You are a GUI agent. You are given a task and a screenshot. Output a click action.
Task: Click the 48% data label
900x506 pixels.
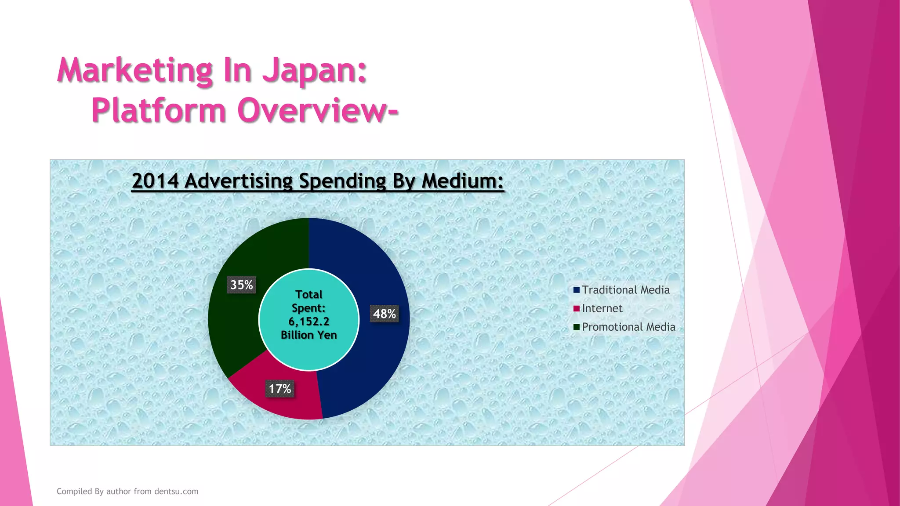coord(384,314)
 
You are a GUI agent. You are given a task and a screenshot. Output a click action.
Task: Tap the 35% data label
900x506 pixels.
coord(241,285)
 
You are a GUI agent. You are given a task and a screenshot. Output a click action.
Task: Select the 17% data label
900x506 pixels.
coord(279,389)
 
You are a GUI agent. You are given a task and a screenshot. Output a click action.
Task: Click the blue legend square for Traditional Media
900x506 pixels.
coord(576,290)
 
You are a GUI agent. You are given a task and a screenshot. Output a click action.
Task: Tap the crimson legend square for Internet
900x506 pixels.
coord(576,308)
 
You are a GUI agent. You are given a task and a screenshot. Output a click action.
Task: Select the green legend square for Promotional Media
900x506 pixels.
coord(576,327)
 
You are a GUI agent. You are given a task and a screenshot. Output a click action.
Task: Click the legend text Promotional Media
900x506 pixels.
coord(628,327)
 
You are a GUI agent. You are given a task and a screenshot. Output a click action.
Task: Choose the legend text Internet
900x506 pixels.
coord(602,308)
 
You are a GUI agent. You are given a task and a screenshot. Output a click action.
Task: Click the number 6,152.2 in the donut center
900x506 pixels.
coord(308,322)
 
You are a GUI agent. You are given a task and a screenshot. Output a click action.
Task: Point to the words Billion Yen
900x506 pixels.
coord(308,335)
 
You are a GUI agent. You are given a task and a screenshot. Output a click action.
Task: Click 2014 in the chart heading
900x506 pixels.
coord(155,181)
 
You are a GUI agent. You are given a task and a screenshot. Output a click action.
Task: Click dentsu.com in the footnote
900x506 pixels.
coord(176,492)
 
